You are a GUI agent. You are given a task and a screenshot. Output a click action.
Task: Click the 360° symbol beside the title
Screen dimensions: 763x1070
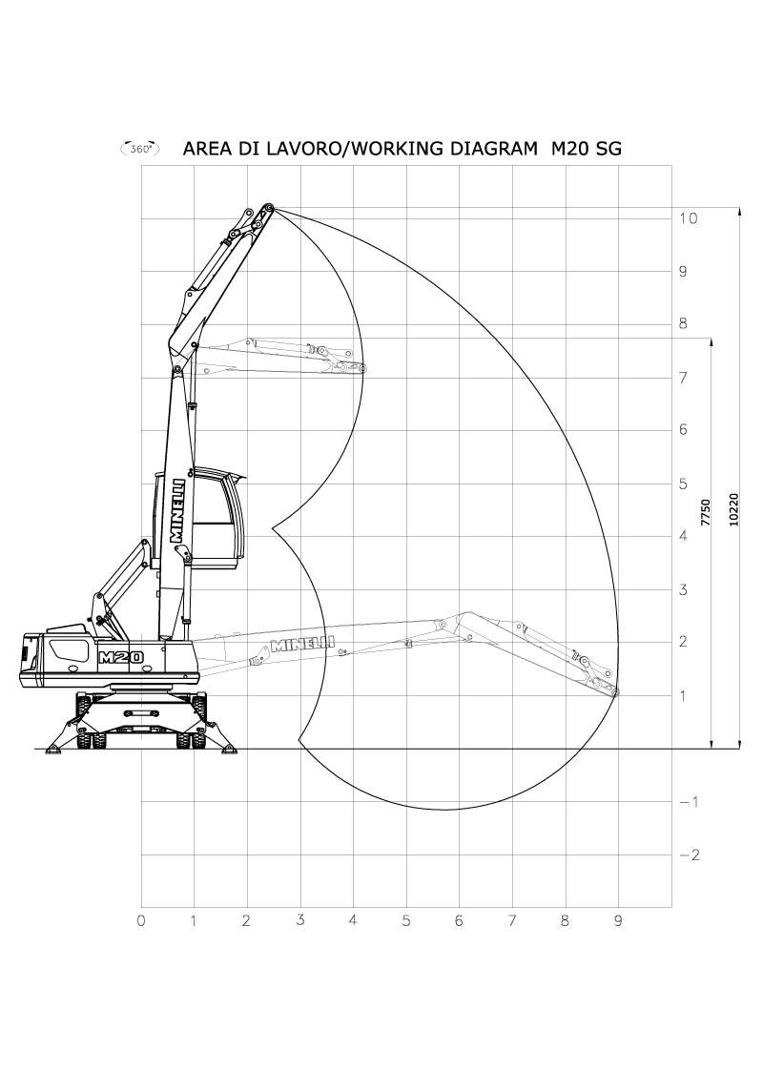[x=140, y=148]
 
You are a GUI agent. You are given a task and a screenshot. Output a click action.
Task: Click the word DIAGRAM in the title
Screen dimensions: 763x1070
[x=493, y=149]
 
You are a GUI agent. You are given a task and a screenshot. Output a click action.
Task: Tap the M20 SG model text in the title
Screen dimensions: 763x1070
[x=587, y=149]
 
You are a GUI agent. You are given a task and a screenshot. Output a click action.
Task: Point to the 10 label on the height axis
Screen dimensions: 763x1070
[x=688, y=218]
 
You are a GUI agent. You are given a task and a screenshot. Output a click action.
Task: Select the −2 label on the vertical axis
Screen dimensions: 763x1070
[x=690, y=855]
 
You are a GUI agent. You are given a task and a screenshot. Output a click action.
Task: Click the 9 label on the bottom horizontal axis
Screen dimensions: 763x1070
[x=618, y=921]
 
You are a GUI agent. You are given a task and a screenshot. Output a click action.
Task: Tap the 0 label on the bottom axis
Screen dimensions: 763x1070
[x=141, y=921]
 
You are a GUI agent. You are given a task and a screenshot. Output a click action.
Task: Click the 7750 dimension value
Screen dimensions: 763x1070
[x=706, y=512]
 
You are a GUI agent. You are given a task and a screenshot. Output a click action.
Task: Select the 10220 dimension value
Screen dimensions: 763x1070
[x=733, y=510]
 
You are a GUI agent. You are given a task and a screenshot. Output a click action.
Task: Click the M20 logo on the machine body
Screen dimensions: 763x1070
[x=121, y=657]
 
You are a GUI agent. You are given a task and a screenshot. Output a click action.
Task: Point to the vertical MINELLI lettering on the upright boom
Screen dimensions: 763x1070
[x=179, y=510]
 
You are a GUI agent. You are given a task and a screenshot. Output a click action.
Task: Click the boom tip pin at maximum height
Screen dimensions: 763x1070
[x=269, y=208]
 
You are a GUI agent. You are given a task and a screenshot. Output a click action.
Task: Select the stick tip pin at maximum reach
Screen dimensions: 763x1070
[x=615, y=692]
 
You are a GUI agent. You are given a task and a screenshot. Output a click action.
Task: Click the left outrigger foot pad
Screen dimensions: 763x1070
[x=53, y=751]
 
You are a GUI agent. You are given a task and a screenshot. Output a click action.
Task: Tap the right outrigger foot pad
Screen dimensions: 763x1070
[x=229, y=751]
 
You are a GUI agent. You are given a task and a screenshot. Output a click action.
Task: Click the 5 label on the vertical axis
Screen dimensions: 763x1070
[x=683, y=484]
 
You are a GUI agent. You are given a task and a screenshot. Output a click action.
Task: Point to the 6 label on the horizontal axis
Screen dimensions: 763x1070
[x=459, y=921]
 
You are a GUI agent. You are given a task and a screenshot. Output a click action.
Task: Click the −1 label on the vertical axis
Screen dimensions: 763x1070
[x=690, y=803]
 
